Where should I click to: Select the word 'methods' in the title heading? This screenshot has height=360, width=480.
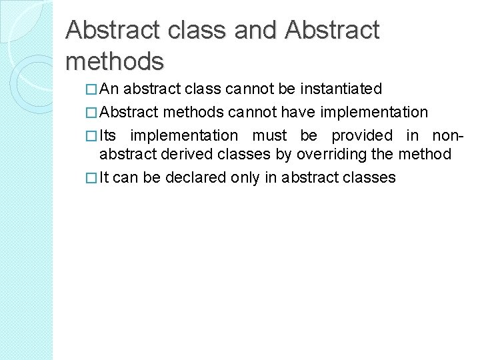point(115,61)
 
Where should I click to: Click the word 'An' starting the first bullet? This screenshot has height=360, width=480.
point(111,89)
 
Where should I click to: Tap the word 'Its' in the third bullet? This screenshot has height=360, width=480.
point(109,135)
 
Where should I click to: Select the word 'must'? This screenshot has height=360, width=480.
point(270,135)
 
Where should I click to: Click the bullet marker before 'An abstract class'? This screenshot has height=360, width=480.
point(92,89)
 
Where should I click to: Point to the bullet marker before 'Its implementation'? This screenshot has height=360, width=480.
point(92,135)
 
